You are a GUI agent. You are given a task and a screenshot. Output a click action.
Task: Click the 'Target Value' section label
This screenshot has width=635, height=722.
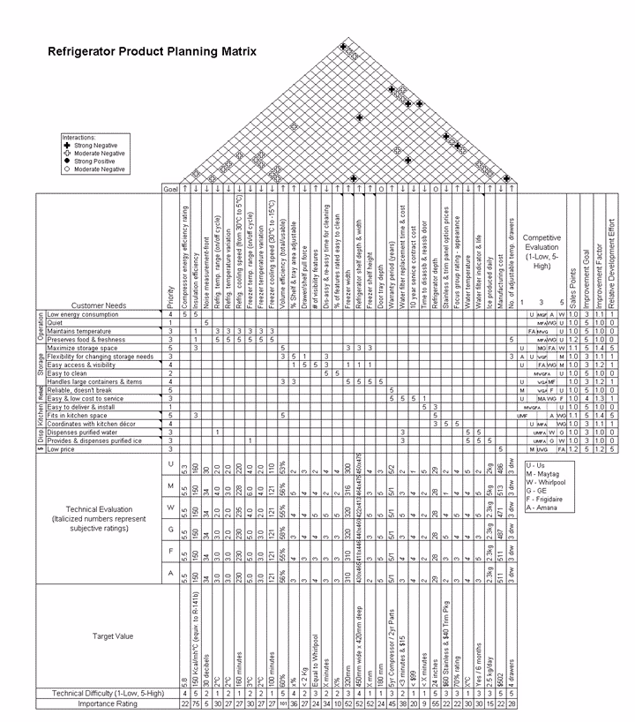pyautogui.click(x=113, y=635)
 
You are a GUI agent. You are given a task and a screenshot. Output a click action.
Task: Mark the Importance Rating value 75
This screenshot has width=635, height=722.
pyautogui.click(x=195, y=703)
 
